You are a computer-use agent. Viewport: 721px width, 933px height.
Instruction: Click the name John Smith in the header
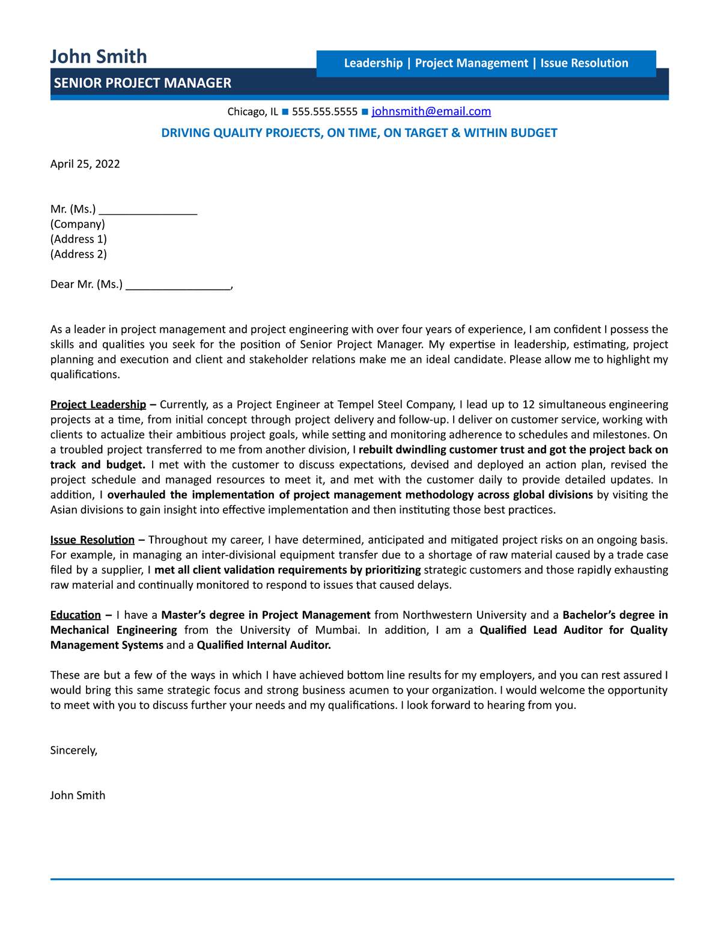click(x=99, y=56)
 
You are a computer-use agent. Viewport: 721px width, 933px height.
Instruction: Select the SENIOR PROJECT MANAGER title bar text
click(x=142, y=83)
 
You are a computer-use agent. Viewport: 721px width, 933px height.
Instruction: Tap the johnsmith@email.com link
click(x=431, y=111)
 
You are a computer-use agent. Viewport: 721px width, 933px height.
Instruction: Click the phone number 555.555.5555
click(x=324, y=112)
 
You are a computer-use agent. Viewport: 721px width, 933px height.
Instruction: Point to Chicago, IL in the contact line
click(x=252, y=112)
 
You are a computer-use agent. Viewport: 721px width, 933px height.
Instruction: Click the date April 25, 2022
click(x=85, y=164)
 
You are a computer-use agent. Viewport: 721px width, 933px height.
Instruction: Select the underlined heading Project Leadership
click(x=98, y=404)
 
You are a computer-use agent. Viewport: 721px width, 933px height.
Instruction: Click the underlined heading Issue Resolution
click(x=92, y=539)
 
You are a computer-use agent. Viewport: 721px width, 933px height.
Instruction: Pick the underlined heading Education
click(x=75, y=615)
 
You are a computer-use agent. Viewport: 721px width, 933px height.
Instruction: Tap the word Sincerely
click(x=73, y=750)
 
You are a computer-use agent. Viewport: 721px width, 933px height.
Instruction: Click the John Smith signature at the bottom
click(x=78, y=795)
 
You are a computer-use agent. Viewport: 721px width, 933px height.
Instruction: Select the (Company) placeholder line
click(x=78, y=224)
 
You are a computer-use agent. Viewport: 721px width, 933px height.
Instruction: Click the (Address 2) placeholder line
click(x=78, y=254)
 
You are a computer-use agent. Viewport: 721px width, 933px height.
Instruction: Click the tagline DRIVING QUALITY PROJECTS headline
click(x=359, y=133)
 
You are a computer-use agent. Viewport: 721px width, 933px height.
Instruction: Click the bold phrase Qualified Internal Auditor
click(x=264, y=645)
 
